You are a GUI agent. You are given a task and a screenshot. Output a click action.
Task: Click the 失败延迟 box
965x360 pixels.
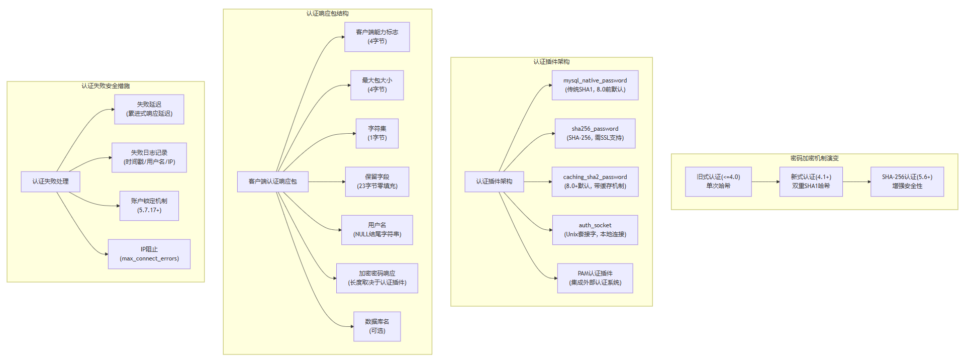pyautogui.click(x=149, y=109)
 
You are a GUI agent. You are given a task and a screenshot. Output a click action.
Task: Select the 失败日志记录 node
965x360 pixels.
pyautogui.click(x=149, y=157)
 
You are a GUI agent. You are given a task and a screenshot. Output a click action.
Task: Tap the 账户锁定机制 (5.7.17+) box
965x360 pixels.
pyautogui.click(x=149, y=206)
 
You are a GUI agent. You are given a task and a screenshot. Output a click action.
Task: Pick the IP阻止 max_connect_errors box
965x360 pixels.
pyautogui.click(x=149, y=254)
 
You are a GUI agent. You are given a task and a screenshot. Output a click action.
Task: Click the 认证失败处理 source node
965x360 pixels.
pyautogui.click(x=50, y=182)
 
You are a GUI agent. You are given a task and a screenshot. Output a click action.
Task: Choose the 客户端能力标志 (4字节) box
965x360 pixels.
pyautogui.click(x=377, y=37)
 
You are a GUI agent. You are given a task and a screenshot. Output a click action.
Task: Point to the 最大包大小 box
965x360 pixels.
pyautogui.click(x=377, y=85)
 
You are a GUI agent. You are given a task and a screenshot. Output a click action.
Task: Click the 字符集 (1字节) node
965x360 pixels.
pyautogui.click(x=377, y=133)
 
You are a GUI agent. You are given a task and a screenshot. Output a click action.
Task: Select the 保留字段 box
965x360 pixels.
pyautogui.click(x=377, y=182)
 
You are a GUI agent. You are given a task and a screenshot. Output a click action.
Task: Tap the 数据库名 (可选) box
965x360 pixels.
pyautogui.click(x=377, y=326)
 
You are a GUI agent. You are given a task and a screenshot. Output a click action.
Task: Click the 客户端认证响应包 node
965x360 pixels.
pyautogui.click(x=272, y=182)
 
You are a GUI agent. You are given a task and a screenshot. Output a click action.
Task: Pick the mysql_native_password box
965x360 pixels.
pyautogui.click(x=595, y=85)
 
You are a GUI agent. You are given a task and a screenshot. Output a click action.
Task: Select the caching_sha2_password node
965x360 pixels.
pyautogui.click(x=595, y=182)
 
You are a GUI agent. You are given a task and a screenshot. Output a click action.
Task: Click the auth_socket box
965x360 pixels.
pyautogui.click(x=595, y=230)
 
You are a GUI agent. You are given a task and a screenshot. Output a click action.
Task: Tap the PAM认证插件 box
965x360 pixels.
pyautogui.click(x=595, y=278)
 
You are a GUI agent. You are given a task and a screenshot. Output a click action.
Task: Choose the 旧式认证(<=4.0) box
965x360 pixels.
pyautogui.click(x=718, y=182)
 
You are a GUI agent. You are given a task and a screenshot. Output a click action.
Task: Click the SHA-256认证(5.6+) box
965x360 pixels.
pyautogui.click(x=907, y=182)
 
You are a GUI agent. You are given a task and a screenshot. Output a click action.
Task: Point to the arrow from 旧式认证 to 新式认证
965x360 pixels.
pyautogui.click(x=765, y=182)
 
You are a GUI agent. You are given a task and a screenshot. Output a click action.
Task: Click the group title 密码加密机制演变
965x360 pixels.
pyautogui.click(x=814, y=158)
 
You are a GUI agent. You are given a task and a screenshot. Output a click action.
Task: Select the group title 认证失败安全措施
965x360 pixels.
pyautogui.click(x=106, y=86)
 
